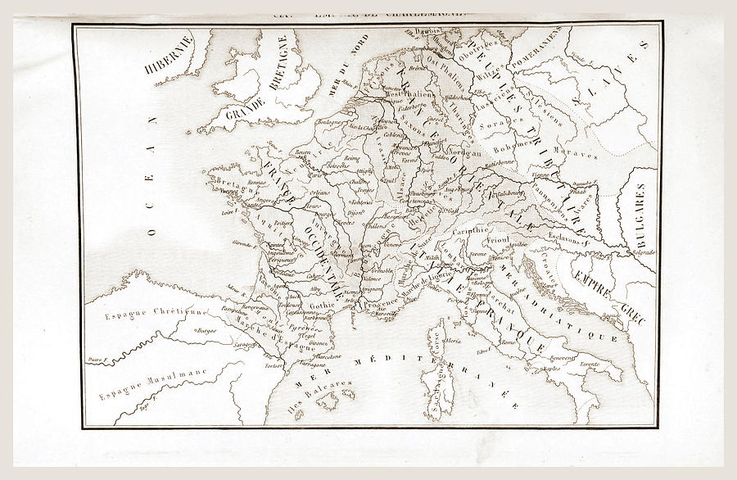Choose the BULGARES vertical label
tap(637, 212)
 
